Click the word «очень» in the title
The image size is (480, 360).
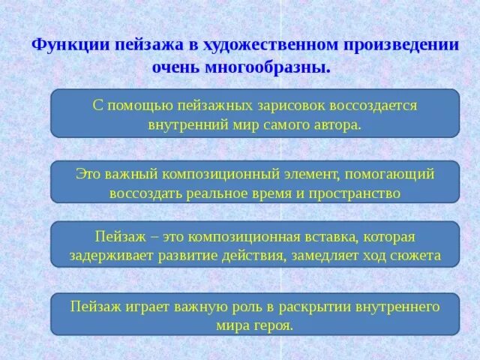tap(175, 67)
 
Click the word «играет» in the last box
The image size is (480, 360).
tap(151, 306)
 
